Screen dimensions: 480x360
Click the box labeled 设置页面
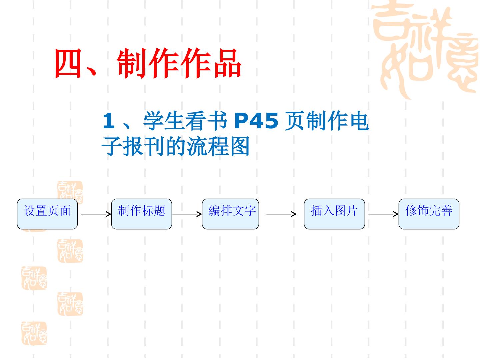pyautogui.click(x=47, y=214)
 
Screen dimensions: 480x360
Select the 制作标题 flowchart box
pyautogui.click(x=141, y=214)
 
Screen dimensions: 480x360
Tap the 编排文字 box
pyautogui.click(x=230, y=214)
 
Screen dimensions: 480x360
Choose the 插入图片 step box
pyautogui.click(x=334, y=214)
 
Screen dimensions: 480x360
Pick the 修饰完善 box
pyautogui.click(x=429, y=214)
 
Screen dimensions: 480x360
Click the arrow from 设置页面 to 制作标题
pyautogui.click(x=96, y=214)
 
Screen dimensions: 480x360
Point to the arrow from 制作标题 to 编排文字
pyautogui.click(x=187, y=214)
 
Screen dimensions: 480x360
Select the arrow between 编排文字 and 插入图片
pyautogui.click(x=281, y=214)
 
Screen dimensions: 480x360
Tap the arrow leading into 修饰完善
pyautogui.click(x=383, y=214)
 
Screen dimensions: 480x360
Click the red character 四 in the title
pyautogui.click(x=68, y=63)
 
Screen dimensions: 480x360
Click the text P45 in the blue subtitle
pyautogui.click(x=256, y=120)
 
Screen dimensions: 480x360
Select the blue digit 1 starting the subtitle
pyautogui.click(x=109, y=120)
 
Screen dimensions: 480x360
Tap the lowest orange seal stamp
pyautogui.click(x=34, y=333)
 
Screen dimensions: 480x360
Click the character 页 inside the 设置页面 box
pyautogui.click(x=53, y=211)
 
